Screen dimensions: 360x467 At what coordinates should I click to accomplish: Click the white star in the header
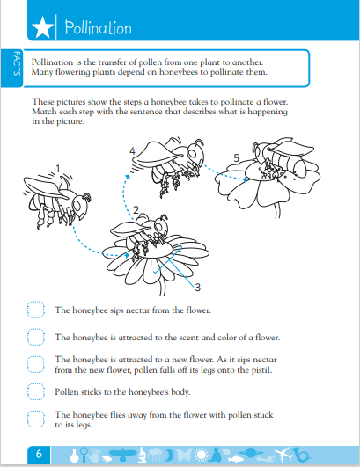[42, 27]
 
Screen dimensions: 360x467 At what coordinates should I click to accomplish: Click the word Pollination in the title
[98, 27]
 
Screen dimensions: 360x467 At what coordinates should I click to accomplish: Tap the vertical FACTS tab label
[17, 63]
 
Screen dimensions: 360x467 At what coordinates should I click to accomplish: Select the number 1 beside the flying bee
[58, 169]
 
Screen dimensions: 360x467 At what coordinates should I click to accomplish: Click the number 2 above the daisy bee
[136, 210]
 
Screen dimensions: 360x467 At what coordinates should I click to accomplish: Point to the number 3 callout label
[197, 288]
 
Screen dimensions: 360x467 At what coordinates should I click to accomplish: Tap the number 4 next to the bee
[132, 151]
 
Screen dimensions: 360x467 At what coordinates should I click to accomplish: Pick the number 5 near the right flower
[236, 157]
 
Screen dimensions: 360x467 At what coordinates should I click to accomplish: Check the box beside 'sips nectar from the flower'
[36, 310]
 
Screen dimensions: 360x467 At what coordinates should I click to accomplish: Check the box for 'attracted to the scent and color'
[36, 337]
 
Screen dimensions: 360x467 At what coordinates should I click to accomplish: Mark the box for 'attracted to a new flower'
[36, 365]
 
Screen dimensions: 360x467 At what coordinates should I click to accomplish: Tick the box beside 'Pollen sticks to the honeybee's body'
[36, 391]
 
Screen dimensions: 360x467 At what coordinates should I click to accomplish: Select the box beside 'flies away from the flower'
[36, 419]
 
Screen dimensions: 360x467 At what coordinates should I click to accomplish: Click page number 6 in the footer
[39, 454]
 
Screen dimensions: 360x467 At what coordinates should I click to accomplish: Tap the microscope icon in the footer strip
[143, 454]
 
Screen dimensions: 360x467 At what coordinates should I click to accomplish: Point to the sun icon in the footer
[202, 455]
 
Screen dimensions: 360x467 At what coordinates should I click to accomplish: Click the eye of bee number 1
[77, 205]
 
